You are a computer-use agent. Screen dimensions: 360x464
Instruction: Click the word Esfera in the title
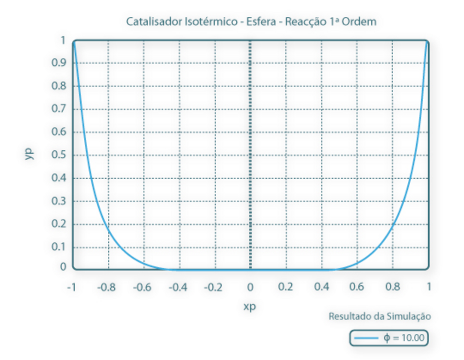click(x=259, y=22)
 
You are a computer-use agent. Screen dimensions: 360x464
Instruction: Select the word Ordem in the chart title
click(x=362, y=22)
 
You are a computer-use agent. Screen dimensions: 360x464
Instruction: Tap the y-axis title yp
click(x=29, y=154)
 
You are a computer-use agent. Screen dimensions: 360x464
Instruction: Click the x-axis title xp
click(x=250, y=307)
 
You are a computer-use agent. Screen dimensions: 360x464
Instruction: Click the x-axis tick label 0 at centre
click(x=250, y=287)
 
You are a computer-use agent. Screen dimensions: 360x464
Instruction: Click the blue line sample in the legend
click(x=366, y=338)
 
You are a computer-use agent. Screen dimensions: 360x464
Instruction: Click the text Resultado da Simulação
click(x=380, y=317)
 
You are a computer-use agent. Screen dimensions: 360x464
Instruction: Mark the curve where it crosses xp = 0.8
click(x=392, y=225)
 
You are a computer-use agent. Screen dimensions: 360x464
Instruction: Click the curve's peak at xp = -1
click(x=73, y=42)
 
